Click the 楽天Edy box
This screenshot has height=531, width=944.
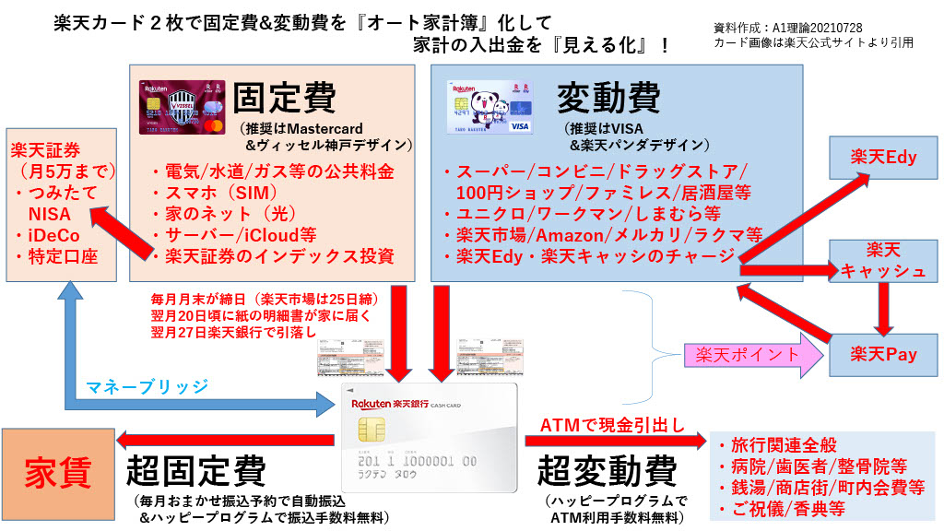click(883, 157)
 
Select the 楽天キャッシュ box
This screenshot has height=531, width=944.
click(883, 260)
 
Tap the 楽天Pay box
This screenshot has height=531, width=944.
click(883, 354)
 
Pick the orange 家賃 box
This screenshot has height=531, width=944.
click(57, 473)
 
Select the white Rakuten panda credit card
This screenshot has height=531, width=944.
click(490, 108)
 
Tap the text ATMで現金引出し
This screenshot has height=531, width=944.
click(611, 425)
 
